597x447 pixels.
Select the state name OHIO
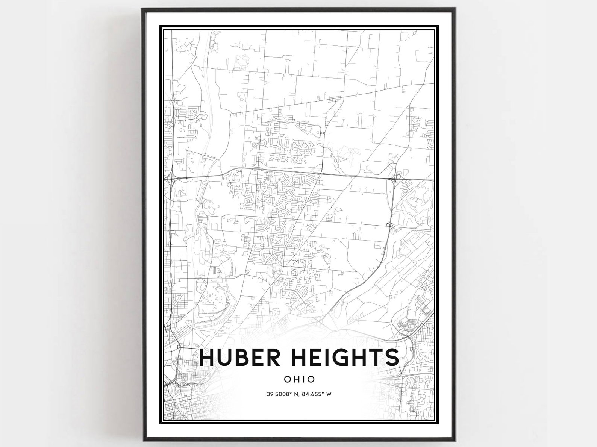click(x=299, y=379)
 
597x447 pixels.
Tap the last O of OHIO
click(x=311, y=379)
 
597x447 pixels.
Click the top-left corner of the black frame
click(x=142, y=9)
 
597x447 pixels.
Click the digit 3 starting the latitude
click(x=268, y=394)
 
